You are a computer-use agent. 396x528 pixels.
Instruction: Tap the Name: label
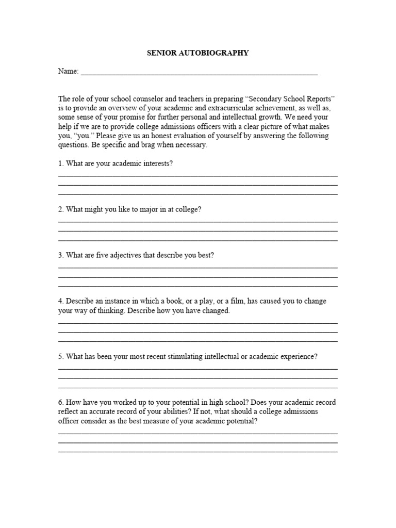click(68, 72)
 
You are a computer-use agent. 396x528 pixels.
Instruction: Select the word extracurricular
click(249, 108)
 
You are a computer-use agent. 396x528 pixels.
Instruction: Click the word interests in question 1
click(153, 163)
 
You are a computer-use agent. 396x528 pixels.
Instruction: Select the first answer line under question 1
click(198, 176)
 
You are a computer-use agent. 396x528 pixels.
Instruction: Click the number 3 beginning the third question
click(60, 255)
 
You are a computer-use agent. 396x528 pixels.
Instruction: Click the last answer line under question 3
click(198, 286)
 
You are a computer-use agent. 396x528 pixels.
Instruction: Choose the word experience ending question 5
click(298, 356)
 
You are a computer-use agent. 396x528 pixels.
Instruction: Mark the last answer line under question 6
click(198, 452)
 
